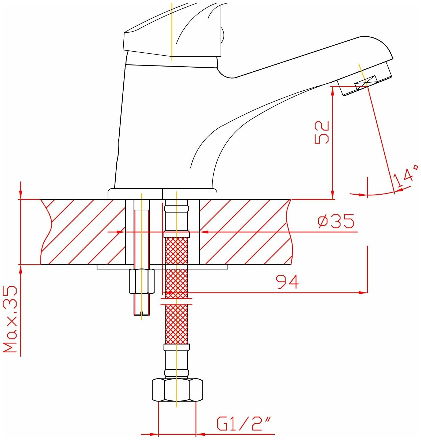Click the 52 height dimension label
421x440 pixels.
pyautogui.click(x=322, y=133)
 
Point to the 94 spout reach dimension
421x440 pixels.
pyautogui.click(x=287, y=282)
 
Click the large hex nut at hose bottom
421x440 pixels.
pyautogui.click(x=177, y=390)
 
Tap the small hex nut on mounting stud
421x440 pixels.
pyautogui.click(x=142, y=281)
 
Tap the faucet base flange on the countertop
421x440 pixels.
pyautogui.click(x=162, y=194)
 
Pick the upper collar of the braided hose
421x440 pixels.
pyautogui.click(x=177, y=234)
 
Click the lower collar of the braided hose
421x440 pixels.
pyautogui.click(x=177, y=347)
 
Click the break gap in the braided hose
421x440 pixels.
pyautogui.click(x=177, y=302)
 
